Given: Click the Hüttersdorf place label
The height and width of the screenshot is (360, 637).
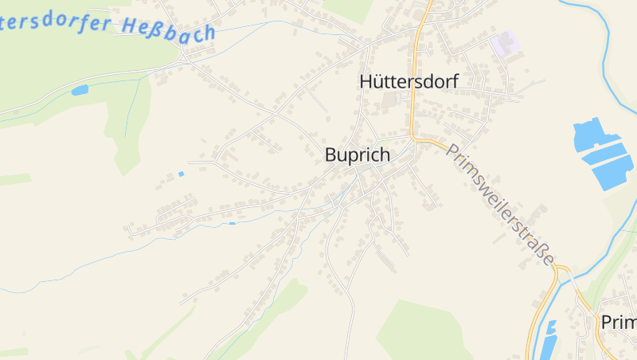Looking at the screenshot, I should [408, 81].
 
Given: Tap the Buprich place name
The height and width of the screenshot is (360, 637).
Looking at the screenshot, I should [358, 155].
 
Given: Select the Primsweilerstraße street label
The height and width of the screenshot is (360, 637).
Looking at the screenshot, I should [500, 205].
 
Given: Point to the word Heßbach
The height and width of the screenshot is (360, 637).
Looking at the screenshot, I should [169, 29].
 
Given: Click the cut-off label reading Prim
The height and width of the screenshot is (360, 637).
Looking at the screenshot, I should [619, 322].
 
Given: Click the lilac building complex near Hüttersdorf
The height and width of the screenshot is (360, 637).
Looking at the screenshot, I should [505, 43].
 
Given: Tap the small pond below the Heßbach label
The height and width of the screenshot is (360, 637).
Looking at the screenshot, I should [80, 90].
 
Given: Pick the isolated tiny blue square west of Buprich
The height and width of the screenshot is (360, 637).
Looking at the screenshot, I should [181, 174].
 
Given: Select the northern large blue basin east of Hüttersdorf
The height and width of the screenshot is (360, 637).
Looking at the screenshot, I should [596, 136].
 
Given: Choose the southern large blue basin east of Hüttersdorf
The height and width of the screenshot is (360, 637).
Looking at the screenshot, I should [612, 169].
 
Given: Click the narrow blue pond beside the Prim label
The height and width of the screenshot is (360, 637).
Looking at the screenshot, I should [549, 338].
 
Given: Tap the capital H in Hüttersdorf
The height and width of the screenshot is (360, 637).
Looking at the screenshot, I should [366, 81].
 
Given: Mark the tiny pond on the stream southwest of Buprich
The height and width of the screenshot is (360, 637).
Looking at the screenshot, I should [232, 223].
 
